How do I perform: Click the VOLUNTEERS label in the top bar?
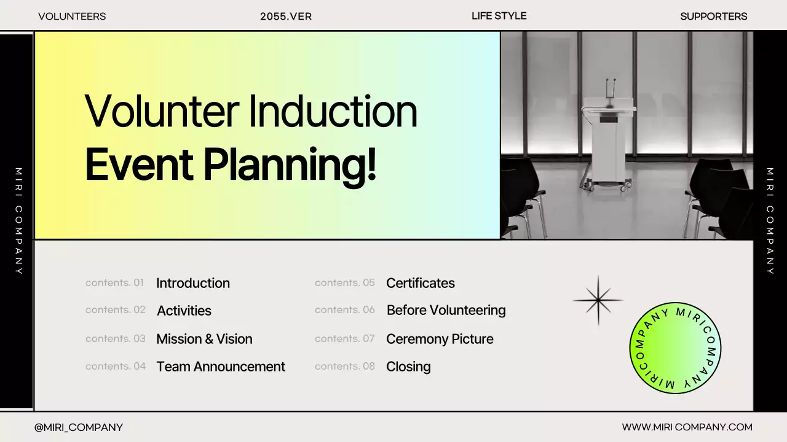72,17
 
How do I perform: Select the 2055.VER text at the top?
286,17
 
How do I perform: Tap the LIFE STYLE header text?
499,16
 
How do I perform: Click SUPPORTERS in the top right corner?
714,17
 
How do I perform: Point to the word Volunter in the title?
162,112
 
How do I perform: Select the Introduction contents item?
193,283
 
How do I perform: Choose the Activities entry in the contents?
184,311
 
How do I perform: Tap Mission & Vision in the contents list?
204,339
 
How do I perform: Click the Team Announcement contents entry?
221,366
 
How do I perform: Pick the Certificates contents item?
420,283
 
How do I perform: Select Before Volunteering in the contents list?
446,311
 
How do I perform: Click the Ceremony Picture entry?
440,339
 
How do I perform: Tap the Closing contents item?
408,367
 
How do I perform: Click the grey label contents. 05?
345,283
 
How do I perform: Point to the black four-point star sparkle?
598,300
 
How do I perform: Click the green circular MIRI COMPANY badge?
675,348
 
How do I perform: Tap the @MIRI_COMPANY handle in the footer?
79,427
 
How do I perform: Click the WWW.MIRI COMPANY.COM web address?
687,427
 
